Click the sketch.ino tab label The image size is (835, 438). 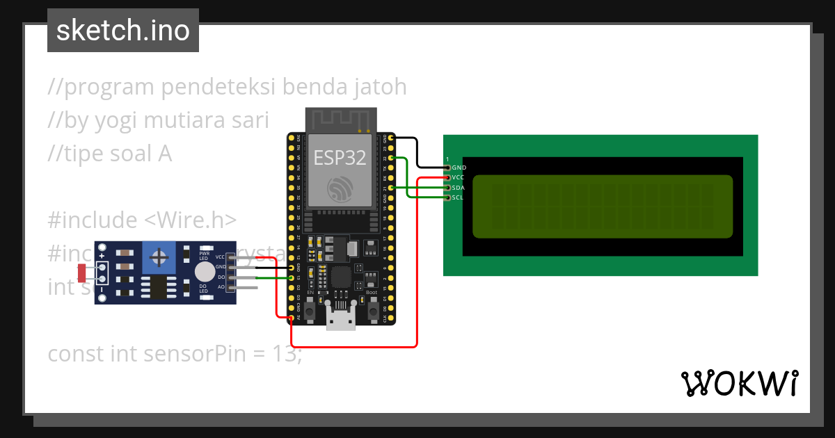point(122,31)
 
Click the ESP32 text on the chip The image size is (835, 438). point(340,157)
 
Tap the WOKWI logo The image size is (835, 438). point(739,383)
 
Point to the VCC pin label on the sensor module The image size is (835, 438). point(220,257)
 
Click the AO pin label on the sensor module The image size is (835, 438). point(221,286)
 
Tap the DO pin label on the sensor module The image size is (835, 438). point(221,277)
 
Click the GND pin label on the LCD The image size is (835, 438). point(459,168)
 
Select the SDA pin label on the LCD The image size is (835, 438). point(459,188)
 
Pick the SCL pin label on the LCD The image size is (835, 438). point(458,197)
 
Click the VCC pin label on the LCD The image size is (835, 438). point(459,178)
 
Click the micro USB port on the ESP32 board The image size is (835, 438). point(340,321)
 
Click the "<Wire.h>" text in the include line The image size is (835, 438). point(191,220)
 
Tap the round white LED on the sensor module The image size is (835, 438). point(205,272)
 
